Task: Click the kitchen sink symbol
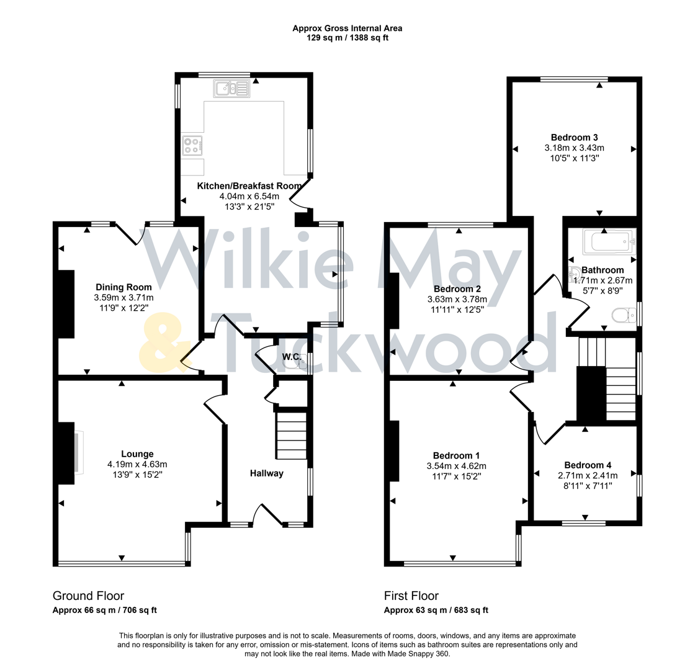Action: coord(231,89)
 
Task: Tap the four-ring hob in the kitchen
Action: coord(192,146)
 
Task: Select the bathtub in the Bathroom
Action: coord(609,241)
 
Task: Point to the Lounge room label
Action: coord(138,453)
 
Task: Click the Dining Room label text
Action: coord(123,287)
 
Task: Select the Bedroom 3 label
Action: coord(574,137)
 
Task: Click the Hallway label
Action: coord(267,473)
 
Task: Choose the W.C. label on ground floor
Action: coord(291,357)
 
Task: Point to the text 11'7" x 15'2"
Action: coord(455,476)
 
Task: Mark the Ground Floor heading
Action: coord(88,596)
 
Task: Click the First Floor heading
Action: coord(411,596)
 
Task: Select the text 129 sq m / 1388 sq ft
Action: coord(347,38)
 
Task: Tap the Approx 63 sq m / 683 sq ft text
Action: coord(436,610)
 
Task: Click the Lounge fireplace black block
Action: coord(65,453)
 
